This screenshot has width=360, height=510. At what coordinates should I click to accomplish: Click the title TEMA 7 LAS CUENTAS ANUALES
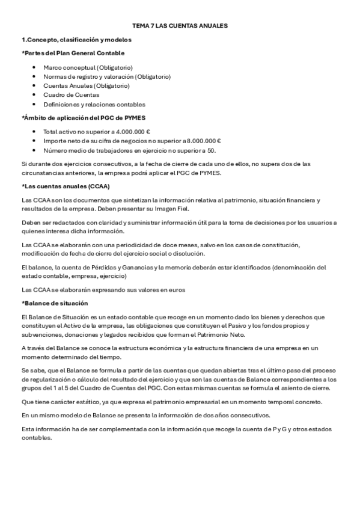[180, 26]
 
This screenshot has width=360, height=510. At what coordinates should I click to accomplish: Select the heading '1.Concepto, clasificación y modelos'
[76, 40]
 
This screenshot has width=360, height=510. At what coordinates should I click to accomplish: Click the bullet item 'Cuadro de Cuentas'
[71, 94]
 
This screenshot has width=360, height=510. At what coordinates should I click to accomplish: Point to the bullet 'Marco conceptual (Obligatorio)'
[88, 67]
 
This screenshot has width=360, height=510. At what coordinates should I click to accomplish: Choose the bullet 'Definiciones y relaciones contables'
[94, 104]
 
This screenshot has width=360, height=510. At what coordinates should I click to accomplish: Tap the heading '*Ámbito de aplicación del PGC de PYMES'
[84, 117]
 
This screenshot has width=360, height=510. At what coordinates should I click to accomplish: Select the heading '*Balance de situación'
[55, 303]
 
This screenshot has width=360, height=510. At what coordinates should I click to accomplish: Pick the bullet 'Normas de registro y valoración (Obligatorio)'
[107, 76]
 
